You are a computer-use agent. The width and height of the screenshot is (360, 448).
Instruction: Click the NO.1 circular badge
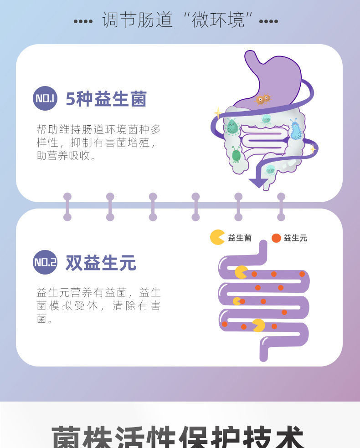[x=45, y=98]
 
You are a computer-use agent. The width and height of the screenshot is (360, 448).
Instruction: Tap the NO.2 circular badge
[x=45, y=262]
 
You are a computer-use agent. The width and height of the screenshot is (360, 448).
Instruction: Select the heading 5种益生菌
[x=106, y=99]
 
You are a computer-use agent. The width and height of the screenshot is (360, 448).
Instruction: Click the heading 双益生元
[x=101, y=263]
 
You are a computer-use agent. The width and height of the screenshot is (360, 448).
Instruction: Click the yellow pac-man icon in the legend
[x=217, y=237]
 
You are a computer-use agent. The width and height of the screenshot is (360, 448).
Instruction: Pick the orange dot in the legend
[x=276, y=238]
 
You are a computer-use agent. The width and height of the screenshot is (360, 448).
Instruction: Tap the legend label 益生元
[x=295, y=238]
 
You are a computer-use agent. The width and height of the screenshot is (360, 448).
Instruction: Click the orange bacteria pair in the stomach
[x=263, y=99]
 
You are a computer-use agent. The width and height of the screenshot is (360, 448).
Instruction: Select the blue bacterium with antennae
[x=296, y=131]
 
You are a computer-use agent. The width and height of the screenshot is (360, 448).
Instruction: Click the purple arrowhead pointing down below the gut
[x=258, y=183]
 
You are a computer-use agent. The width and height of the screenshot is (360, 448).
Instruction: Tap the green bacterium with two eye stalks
[x=236, y=155]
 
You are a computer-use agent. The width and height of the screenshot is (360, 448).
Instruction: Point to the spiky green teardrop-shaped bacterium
[x=232, y=127]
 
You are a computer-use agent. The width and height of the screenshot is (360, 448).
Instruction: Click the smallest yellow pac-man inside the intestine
[x=237, y=301]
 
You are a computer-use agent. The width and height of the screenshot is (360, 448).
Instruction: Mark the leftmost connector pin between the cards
[x=67, y=207]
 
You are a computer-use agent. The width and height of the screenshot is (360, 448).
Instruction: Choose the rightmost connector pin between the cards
[x=281, y=207]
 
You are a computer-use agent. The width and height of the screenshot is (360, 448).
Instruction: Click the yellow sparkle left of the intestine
[x=218, y=112]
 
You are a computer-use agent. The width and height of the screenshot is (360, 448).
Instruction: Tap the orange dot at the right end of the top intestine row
[x=302, y=274]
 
